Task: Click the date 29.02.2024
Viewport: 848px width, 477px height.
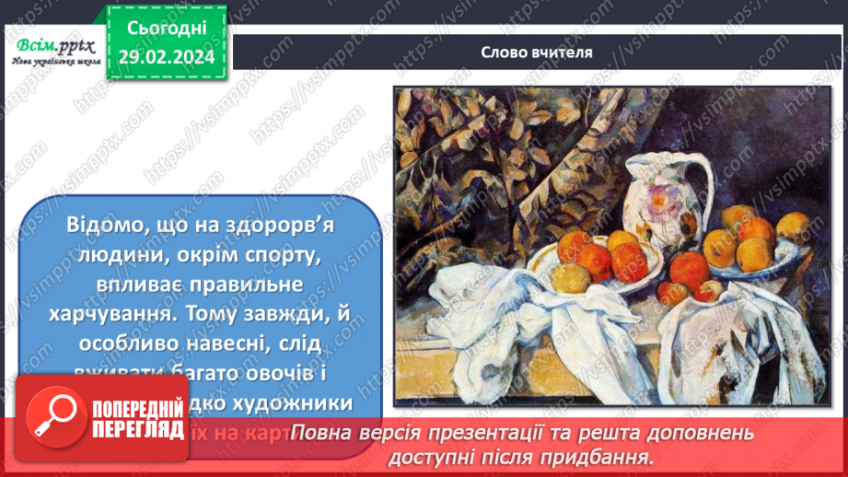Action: (x=166, y=56)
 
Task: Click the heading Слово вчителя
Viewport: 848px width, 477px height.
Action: (x=536, y=52)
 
